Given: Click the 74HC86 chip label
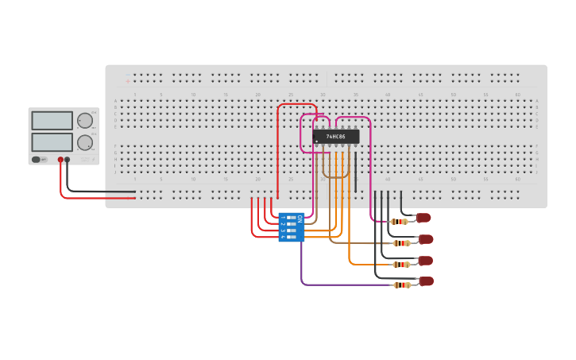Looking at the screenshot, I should [335, 137].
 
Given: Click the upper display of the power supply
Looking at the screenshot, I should [52, 121].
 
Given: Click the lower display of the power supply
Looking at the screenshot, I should [52, 142].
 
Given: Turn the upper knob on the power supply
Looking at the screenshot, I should [84, 121].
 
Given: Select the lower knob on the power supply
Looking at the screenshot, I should [84, 143].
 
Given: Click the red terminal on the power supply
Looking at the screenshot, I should [60, 160].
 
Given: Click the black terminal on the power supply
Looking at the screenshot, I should [68, 160].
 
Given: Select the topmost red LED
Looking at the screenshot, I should [423, 218].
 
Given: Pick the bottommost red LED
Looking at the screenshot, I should [427, 281].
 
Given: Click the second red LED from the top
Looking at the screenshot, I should [426, 239].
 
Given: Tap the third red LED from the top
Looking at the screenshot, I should [426, 261].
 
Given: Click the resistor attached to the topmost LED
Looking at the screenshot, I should [400, 222].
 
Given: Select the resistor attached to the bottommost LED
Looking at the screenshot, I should [403, 285].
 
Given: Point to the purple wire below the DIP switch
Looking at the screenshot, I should [334, 285].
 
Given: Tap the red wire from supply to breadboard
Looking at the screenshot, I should [95, 198].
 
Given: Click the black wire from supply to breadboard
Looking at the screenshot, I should [95, 192].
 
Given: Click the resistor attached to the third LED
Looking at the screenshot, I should [402, 265].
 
